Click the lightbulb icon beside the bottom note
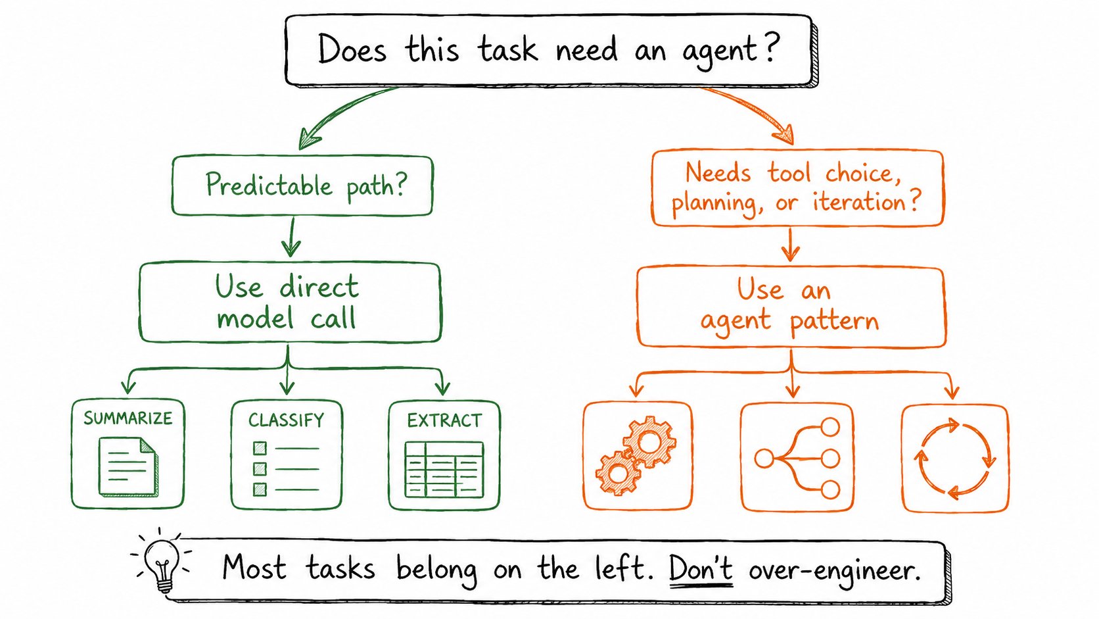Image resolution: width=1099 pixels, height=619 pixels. pyautogui.click(x=162, y=564)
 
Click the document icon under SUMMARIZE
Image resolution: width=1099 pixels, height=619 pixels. pyautogui.click(x=129, y=466)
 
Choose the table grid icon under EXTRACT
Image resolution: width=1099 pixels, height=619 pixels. pyautogui.click(x=444, y=469)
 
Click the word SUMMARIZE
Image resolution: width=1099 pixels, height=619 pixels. pyautogui.click(x=128, y=418)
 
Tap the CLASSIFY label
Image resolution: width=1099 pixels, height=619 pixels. pyautogui.click(x=286, y=420)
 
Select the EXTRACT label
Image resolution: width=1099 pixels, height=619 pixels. pyautogui.click(x=444, y=421)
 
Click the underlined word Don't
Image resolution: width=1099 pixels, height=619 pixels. pyautogui.click(x=701, y=570)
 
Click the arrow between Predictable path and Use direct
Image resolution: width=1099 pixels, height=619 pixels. pyautogui.click(x=292, y=237)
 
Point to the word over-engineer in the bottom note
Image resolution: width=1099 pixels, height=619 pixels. pyautogui.click(x=834, y=570)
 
